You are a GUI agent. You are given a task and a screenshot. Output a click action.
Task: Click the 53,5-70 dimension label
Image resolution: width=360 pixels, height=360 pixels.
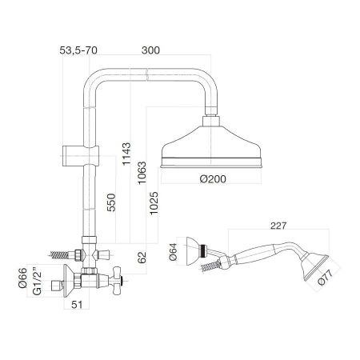pyautogui.click(x=78, y=50)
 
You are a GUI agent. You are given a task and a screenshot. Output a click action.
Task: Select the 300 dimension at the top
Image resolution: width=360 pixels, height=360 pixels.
pyautogui.click(x=150, y=50)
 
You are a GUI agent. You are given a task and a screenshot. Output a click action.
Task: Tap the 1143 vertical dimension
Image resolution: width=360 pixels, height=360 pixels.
pyautogui.click(x=126, y=154)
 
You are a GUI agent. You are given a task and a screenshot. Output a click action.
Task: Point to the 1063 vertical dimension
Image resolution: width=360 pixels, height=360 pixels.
pyautogui.click(x=142, y=173)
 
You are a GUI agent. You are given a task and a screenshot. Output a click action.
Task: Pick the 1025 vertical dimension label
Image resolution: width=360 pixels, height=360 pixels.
pyautogui.click(x=154, y=203)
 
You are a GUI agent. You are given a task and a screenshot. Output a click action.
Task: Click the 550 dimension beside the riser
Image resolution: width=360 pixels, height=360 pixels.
pyautogui.click(x=111, y=202)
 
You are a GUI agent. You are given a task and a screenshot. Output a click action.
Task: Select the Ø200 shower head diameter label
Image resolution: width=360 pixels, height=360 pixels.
pyautogui.click(x=213, y=179)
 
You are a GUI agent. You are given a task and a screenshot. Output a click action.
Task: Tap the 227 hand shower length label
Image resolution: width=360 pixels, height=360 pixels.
pyautogui.click(x=278, y=226)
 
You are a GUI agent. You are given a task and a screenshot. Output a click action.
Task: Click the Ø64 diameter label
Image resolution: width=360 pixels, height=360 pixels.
pyautogui.click(x=173, y=252)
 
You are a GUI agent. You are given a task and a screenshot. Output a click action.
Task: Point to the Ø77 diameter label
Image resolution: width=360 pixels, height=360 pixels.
pyautogui.click(x=326, y=278)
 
